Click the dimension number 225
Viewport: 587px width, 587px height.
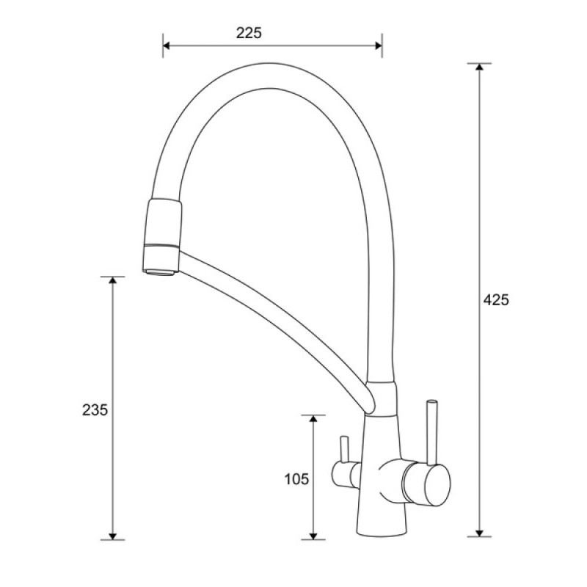pyautogui.click(x=249, y=33)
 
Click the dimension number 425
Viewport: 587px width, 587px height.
pyautogui.click(x=496, y=300)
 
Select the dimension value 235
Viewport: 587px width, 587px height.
pyautogui.click(x=95, y=410)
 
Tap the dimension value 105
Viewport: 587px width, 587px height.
pyautogui.click(x=296, y=479)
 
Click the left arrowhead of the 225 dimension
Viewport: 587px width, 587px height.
pyautogui.click(x=167, y=45)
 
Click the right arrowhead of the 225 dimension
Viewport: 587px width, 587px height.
pyautogui.click(x=378, y=45)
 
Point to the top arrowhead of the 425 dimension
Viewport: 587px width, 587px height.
pyautogui.click(x=479, y=68)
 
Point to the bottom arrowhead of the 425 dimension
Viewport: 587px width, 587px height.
pyautogui.click(x=479, y=533)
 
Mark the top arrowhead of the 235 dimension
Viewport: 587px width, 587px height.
pyautogui.click(x=112, y=281)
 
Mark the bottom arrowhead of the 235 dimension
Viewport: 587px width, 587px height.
pyautogui.click(x=112, y=536)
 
